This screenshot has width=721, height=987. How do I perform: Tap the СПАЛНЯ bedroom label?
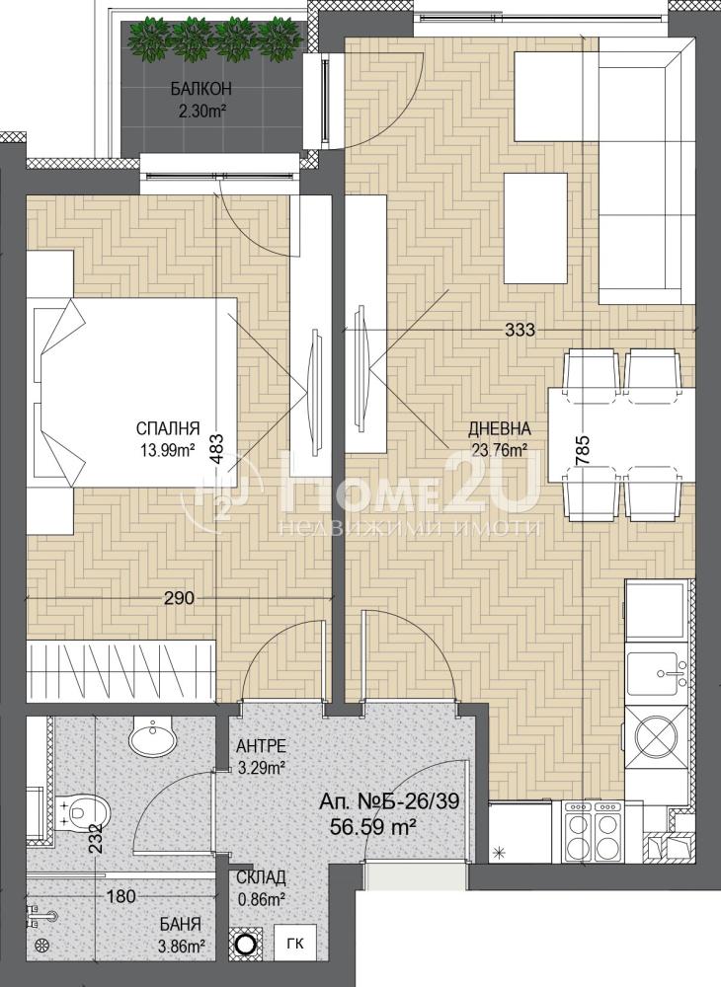coord(168,429)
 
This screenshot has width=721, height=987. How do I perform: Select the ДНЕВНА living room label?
coord(500,429)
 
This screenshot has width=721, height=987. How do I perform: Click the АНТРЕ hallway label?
coord(261,746)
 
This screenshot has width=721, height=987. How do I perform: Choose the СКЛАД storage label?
coord(261,877)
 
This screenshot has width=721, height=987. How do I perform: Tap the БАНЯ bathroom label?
coord(180,926)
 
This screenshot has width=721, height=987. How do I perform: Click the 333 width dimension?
coord(521,330)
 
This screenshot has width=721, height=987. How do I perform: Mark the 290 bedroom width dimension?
coord(180,598)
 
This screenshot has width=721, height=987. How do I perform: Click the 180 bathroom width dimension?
coord(120,896)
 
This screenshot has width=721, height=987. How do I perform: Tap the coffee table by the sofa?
coord(535,229)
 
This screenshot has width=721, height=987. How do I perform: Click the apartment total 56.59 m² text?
coord(375,826)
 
